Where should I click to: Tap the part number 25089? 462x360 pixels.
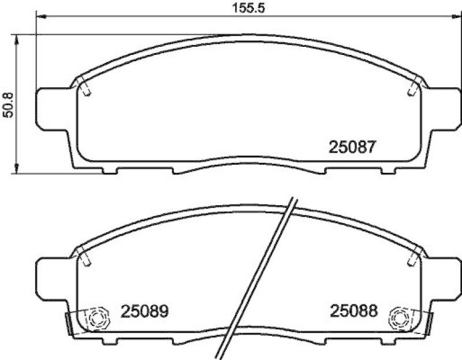pos(144,311)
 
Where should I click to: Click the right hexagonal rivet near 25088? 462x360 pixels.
pos(399,316)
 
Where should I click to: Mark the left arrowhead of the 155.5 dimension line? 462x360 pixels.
pos(40,16)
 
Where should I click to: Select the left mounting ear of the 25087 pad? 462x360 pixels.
pos(52,109)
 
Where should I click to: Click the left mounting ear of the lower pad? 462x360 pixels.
pos(52,277)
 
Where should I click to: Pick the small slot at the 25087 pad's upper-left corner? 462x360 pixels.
pos(85,88)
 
